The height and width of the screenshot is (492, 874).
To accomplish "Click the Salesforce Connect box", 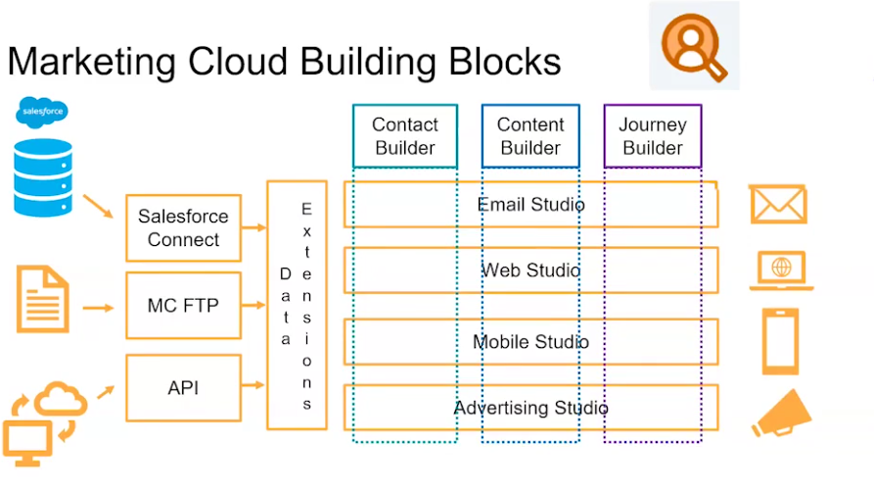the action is pos(183,227).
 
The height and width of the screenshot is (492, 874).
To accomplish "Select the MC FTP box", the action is pos(183,306).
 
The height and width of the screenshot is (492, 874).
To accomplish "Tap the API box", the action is pos(183,387).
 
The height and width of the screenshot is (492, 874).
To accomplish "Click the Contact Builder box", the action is pos(405,136).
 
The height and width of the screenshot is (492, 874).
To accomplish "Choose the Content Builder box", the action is pos(530,136).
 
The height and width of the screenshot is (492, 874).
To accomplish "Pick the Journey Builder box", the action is pos(653,136).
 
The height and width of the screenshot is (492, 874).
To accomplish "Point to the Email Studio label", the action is pos(531,205).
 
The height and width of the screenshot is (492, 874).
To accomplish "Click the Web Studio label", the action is pos(531,271).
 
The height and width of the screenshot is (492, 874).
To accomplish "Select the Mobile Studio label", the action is pos(531,342).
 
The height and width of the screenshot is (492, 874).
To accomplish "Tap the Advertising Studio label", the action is pos(531,408).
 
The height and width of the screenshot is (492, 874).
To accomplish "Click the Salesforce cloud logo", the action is pos(42,112).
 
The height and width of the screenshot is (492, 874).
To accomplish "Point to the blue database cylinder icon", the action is pos(43,177).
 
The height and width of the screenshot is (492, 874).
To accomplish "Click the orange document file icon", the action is pos(43,299).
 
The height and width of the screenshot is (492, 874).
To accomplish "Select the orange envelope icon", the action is pos(778,205).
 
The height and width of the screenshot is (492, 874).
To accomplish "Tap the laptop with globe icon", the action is pos(781,271).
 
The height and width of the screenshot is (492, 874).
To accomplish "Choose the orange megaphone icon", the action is pos(781,414).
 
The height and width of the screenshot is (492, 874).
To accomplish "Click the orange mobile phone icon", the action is pos(780,341).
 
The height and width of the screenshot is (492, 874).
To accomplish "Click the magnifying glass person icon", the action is pos(694,47).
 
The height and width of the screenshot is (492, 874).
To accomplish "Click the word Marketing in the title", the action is pos(92,63).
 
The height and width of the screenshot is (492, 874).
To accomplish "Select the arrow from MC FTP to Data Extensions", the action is pos(253,305).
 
